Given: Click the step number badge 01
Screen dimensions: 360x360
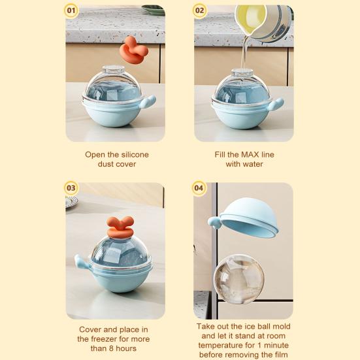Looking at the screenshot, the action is coord(71,10).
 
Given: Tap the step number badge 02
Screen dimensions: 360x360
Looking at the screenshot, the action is coord(199,10).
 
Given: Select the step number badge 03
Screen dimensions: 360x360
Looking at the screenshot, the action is coord(71,188).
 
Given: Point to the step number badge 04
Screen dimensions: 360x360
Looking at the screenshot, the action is coord(199,188).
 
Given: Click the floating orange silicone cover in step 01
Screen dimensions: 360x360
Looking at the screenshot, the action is coord(134,50).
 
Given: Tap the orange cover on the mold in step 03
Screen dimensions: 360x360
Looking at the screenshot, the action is coord(120,227).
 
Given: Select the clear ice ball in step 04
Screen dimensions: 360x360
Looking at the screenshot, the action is coord(238,279).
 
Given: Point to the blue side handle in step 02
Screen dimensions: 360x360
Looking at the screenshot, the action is coord(276,104).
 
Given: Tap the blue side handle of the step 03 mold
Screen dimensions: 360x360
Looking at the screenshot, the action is coord(82,261).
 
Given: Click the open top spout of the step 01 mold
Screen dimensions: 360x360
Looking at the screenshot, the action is coord(114,69).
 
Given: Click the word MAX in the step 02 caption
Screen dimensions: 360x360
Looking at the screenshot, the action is coord(249,154).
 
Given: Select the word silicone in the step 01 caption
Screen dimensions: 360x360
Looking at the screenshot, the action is coord(135,154).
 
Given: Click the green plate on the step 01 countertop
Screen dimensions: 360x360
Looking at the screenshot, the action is coord(153,10).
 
